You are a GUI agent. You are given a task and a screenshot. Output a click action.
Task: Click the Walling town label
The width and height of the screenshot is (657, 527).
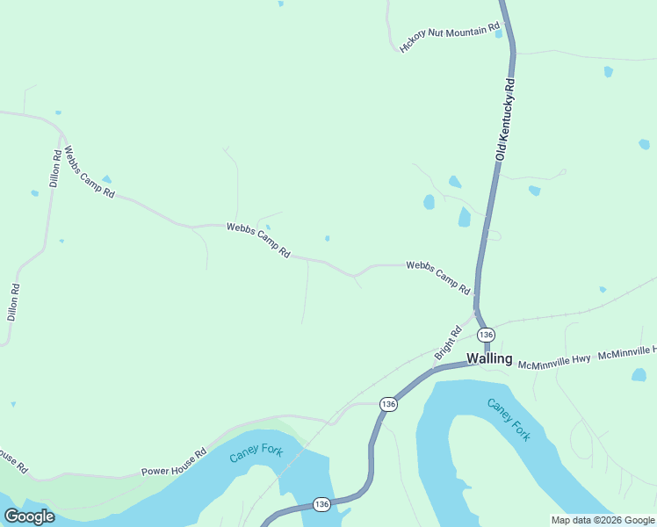[489, 357]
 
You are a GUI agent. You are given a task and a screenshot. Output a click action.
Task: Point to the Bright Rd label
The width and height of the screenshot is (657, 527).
[447, 343]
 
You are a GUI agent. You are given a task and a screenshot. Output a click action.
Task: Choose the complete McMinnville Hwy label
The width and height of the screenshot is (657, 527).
[553, 361]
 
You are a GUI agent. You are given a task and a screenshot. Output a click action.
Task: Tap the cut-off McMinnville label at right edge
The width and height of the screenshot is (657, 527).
[626, 353]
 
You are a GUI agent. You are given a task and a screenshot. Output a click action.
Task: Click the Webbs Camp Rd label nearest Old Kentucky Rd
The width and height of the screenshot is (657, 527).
[438, 278]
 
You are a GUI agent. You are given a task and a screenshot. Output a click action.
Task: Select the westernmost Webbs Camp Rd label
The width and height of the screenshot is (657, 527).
[90, 171]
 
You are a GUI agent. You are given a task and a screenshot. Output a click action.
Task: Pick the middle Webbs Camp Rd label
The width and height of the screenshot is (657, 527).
[258, 239]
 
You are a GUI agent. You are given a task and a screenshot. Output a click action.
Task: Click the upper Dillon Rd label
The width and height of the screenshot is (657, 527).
[55, 169]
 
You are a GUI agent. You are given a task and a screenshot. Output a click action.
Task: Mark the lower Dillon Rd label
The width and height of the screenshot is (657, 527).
[13, 301]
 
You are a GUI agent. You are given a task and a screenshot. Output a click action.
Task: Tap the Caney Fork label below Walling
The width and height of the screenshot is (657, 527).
[509, 419]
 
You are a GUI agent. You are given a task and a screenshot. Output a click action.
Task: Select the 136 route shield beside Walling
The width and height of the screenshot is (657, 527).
[486, 335]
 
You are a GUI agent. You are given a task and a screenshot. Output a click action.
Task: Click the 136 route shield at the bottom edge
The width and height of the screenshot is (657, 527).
[321, 504]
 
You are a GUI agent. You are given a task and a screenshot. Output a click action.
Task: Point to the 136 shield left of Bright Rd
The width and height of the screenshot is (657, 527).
[388, 403]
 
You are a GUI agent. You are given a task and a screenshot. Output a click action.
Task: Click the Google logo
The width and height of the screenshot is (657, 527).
[29, 516]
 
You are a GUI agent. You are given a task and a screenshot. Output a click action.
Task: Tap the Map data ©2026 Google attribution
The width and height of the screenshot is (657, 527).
[603, 520]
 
